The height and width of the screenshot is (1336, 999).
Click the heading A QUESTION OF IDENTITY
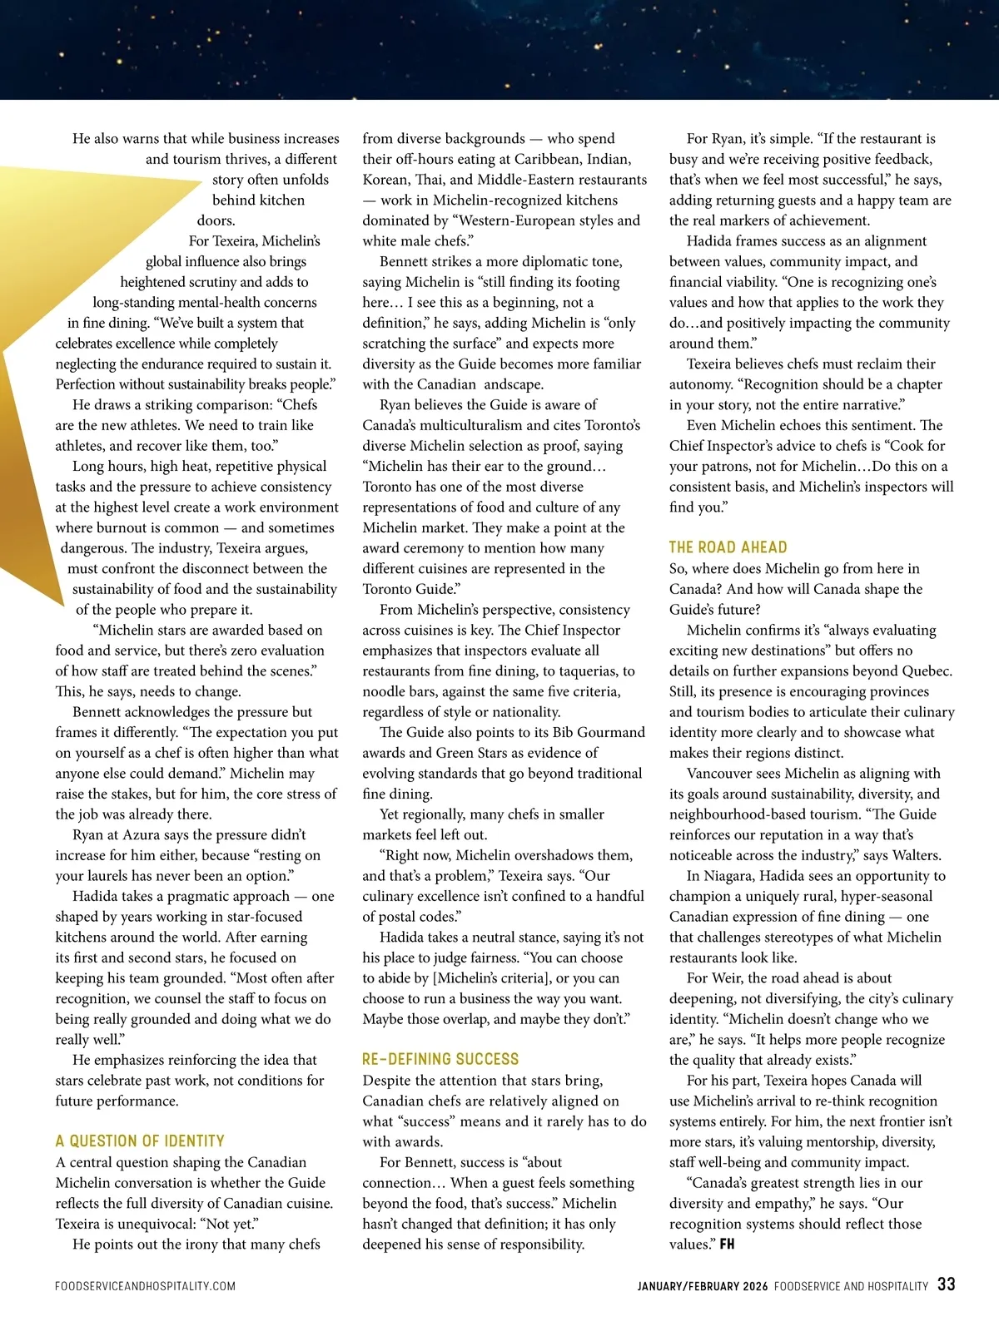click(140, 1141)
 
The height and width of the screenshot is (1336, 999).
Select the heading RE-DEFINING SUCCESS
click(440, 1059)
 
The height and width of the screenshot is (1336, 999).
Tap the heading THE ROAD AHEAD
click(728, 547)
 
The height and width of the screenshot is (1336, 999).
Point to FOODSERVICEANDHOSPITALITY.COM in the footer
click(145, 1286)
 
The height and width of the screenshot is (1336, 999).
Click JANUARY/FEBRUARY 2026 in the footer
click(703, 1286)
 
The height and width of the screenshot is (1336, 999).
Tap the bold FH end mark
click(727, 1244)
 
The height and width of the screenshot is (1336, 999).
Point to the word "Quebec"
click(926, 670)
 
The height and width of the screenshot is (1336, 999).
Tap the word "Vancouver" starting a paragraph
click(720, 773)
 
